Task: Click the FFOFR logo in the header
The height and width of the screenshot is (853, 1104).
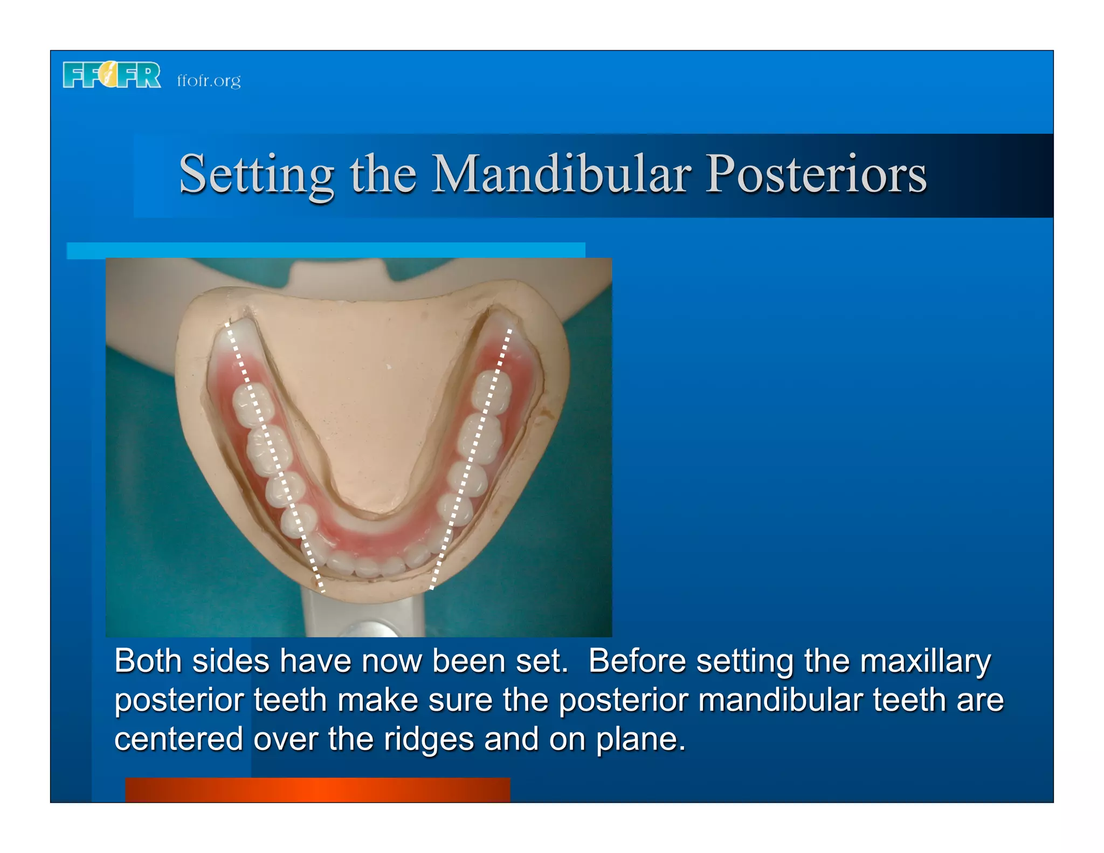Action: click(112, 75)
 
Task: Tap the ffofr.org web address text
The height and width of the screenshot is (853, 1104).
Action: click(209, 80)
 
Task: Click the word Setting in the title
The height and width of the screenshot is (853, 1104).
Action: click(256, 175)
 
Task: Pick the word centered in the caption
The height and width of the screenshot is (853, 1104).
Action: click(178, 739)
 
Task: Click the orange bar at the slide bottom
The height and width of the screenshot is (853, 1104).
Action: click(318, 789)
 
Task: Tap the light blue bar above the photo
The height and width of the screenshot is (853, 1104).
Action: click(326, 250)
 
